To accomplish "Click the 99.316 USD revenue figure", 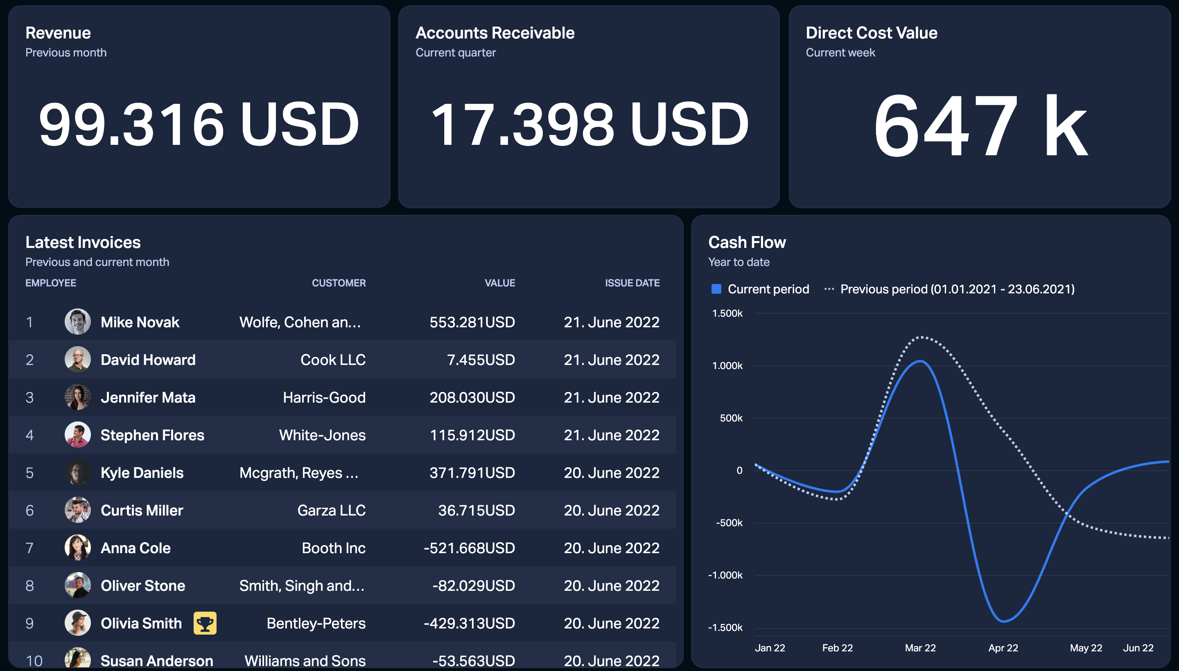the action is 199,124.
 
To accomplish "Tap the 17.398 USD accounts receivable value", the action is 589,124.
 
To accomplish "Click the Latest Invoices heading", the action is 83,242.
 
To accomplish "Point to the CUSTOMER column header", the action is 339,283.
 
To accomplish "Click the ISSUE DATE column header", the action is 632,283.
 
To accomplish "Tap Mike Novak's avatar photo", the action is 77,322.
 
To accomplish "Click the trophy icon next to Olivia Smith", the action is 205,624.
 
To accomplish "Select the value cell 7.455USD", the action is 481,360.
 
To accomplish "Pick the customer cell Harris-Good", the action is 324,398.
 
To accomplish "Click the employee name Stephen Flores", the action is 152,435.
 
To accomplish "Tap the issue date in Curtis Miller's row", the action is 612,511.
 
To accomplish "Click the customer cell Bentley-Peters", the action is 316,624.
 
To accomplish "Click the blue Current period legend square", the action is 716,289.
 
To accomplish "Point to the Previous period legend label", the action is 957,289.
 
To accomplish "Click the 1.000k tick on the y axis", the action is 727,366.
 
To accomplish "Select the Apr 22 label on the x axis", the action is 1003,648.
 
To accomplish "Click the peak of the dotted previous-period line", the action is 922,338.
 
